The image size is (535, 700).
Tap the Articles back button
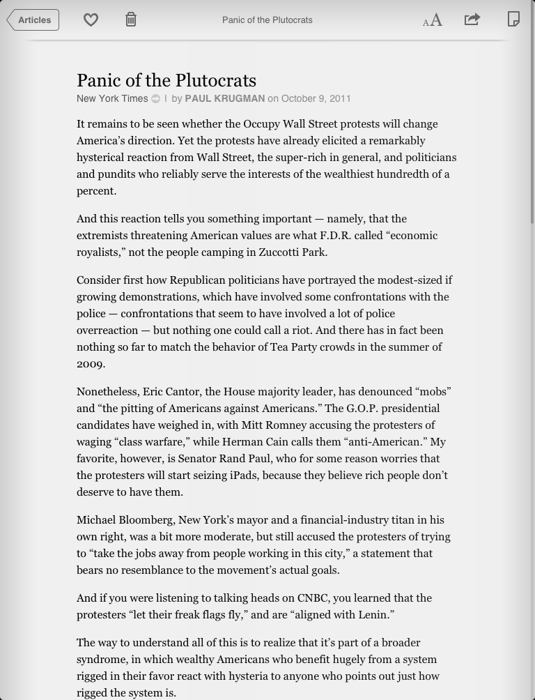pos(33,20)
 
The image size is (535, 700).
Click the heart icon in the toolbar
pos(91,20)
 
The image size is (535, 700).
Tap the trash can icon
pos(131,20)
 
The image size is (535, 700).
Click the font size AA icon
pos(433,20)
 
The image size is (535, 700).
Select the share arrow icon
pos(472,20)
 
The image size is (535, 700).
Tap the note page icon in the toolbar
pos(513,19)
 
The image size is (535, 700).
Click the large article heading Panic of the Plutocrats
pos(166,81)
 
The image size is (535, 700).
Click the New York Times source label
pos(112,99)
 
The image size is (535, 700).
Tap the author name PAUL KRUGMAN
pos(224,99)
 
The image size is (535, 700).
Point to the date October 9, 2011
pos(316,99)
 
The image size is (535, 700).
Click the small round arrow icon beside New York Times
pos(156,99)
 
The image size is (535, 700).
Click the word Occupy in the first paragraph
pos(261,124)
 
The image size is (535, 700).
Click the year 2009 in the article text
pos(90,364)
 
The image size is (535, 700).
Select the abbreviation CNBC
pos(313,598)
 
